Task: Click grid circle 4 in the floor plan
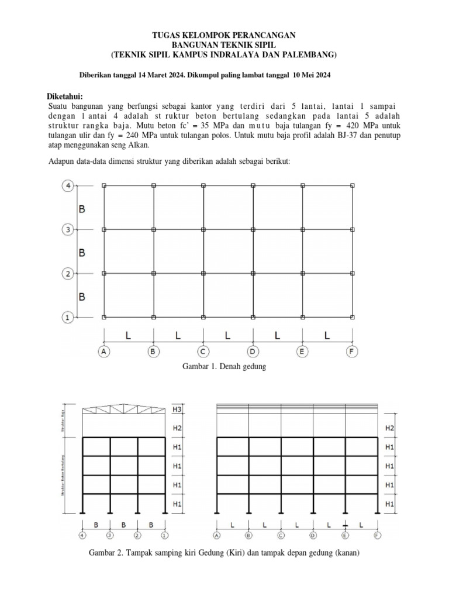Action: point(67,186)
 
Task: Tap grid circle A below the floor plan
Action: point(104,352)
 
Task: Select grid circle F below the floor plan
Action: point(353,352)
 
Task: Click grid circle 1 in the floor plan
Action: point(67,318)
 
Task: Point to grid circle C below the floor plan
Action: point(203,352)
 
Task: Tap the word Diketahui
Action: point(65,96)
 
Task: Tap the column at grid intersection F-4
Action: point(353,185)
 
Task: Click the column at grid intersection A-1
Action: point(104,317)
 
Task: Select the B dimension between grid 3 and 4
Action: point(82,208)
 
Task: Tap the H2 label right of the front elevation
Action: point(390,429)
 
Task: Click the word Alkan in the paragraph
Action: point(139,145)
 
